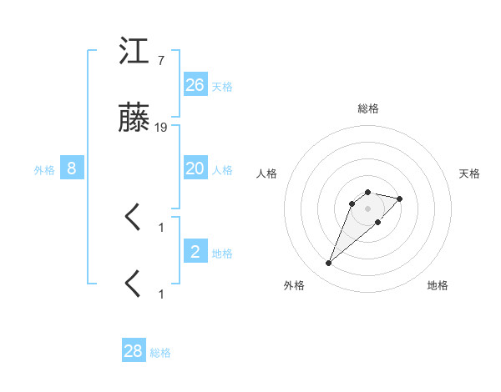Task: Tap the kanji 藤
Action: coord(134,120)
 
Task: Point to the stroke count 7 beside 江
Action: coord(160,60)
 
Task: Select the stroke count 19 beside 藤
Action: coord(161,128)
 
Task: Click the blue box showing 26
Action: coord(195,85)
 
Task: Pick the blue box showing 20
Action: coord(195,168)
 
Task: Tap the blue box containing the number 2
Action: coord(195,252)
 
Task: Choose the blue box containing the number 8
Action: coord(72,168)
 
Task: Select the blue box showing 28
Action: coord(134,351)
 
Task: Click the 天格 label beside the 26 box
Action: coord(222,87)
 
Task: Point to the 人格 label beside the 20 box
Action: coord(222,170)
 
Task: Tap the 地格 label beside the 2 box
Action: coord(222,254)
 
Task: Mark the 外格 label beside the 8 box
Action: coord(44,170)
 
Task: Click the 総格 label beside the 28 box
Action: coord(160,353)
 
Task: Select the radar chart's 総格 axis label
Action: coord(368,109)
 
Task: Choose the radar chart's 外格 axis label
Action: coord(294,286)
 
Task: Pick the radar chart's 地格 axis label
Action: coord(438,286)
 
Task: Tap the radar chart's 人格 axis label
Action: coord(266,173)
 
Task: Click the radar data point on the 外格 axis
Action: coord(328,264)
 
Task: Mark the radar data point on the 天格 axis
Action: coord(400,199)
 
